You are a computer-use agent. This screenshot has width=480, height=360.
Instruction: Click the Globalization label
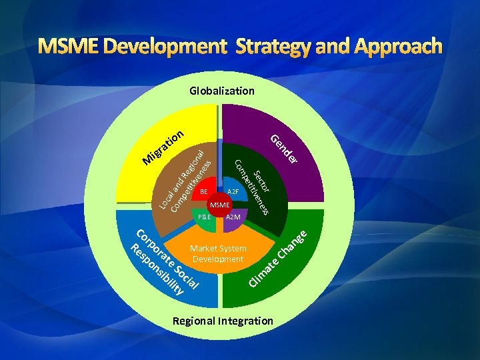point(221,90)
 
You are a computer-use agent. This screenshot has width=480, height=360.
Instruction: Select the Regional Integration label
point(223,321)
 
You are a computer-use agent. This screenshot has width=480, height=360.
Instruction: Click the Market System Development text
point(219,253)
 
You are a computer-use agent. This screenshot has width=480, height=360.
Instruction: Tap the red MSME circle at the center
point(219,204)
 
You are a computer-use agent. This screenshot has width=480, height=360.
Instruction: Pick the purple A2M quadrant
point(234,217)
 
